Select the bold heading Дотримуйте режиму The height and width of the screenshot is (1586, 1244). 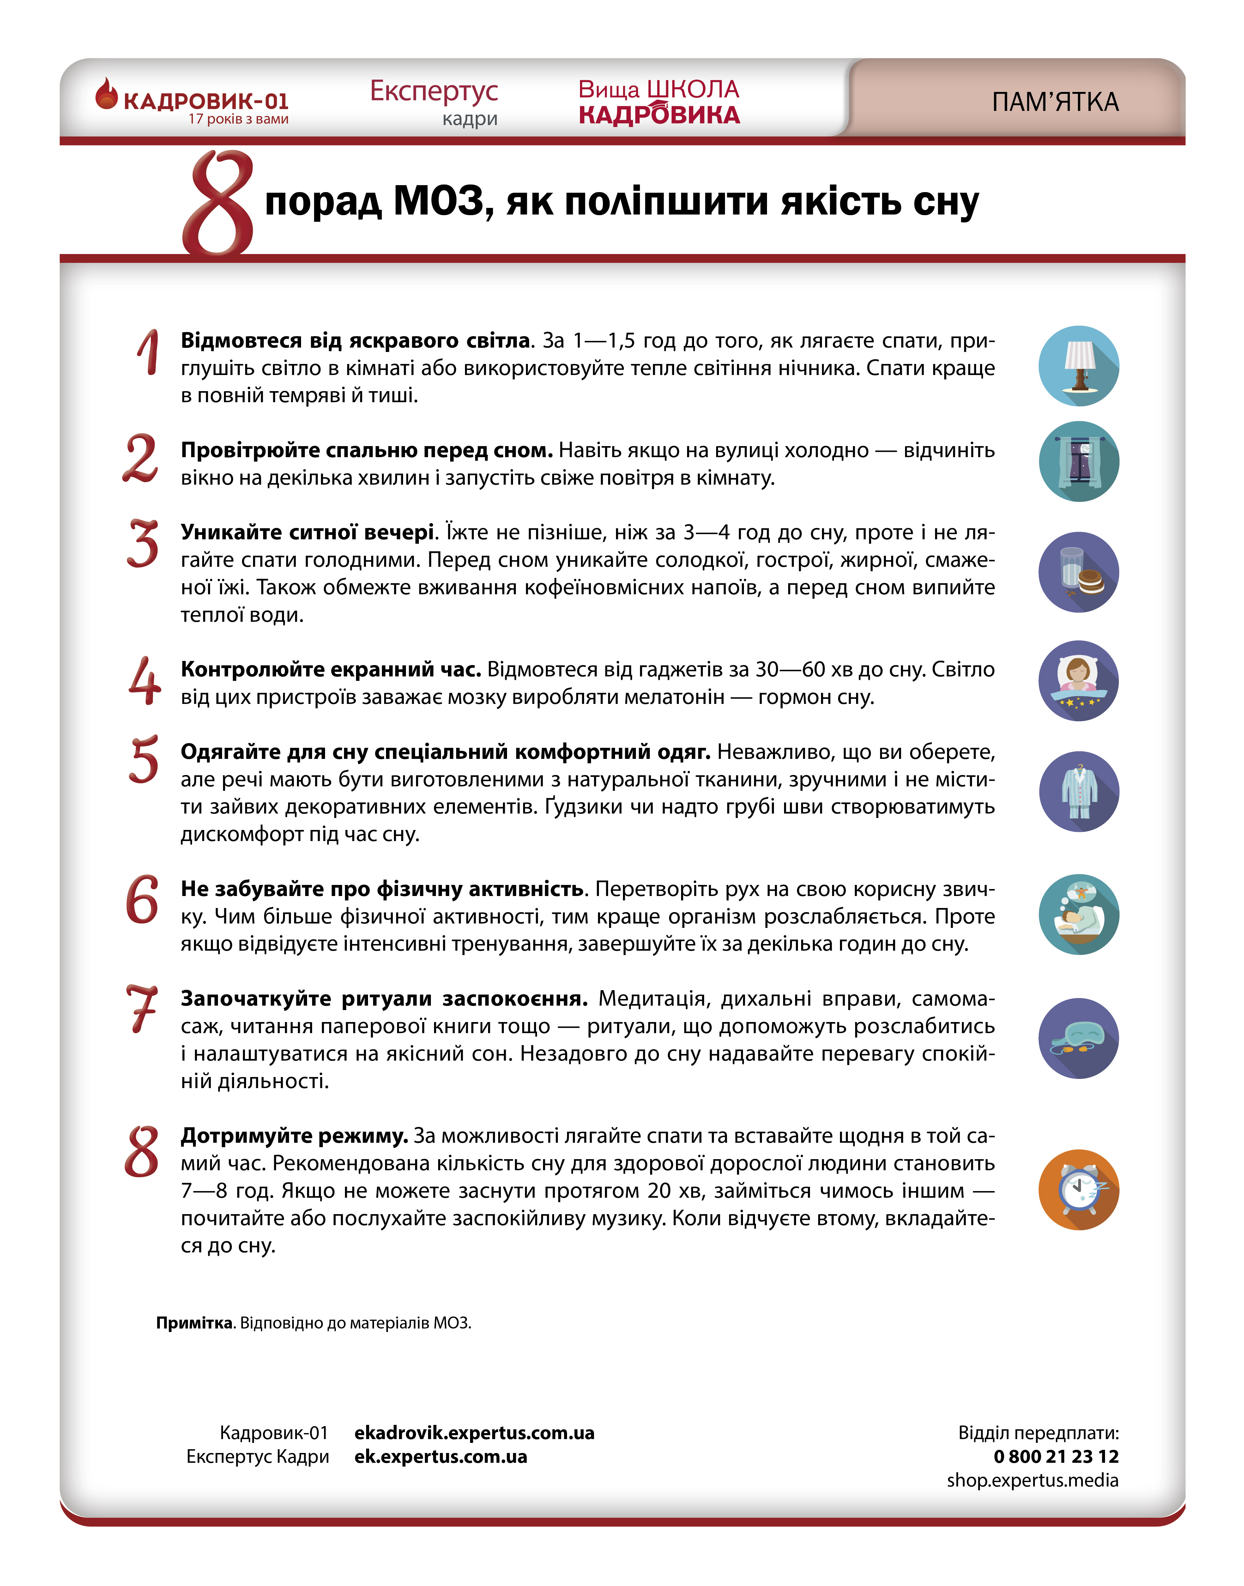[x=294, y=1136]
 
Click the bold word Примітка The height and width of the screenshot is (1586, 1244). [x=194, y=1322]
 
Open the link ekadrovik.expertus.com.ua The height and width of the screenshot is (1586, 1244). [x=474, y=1433]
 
